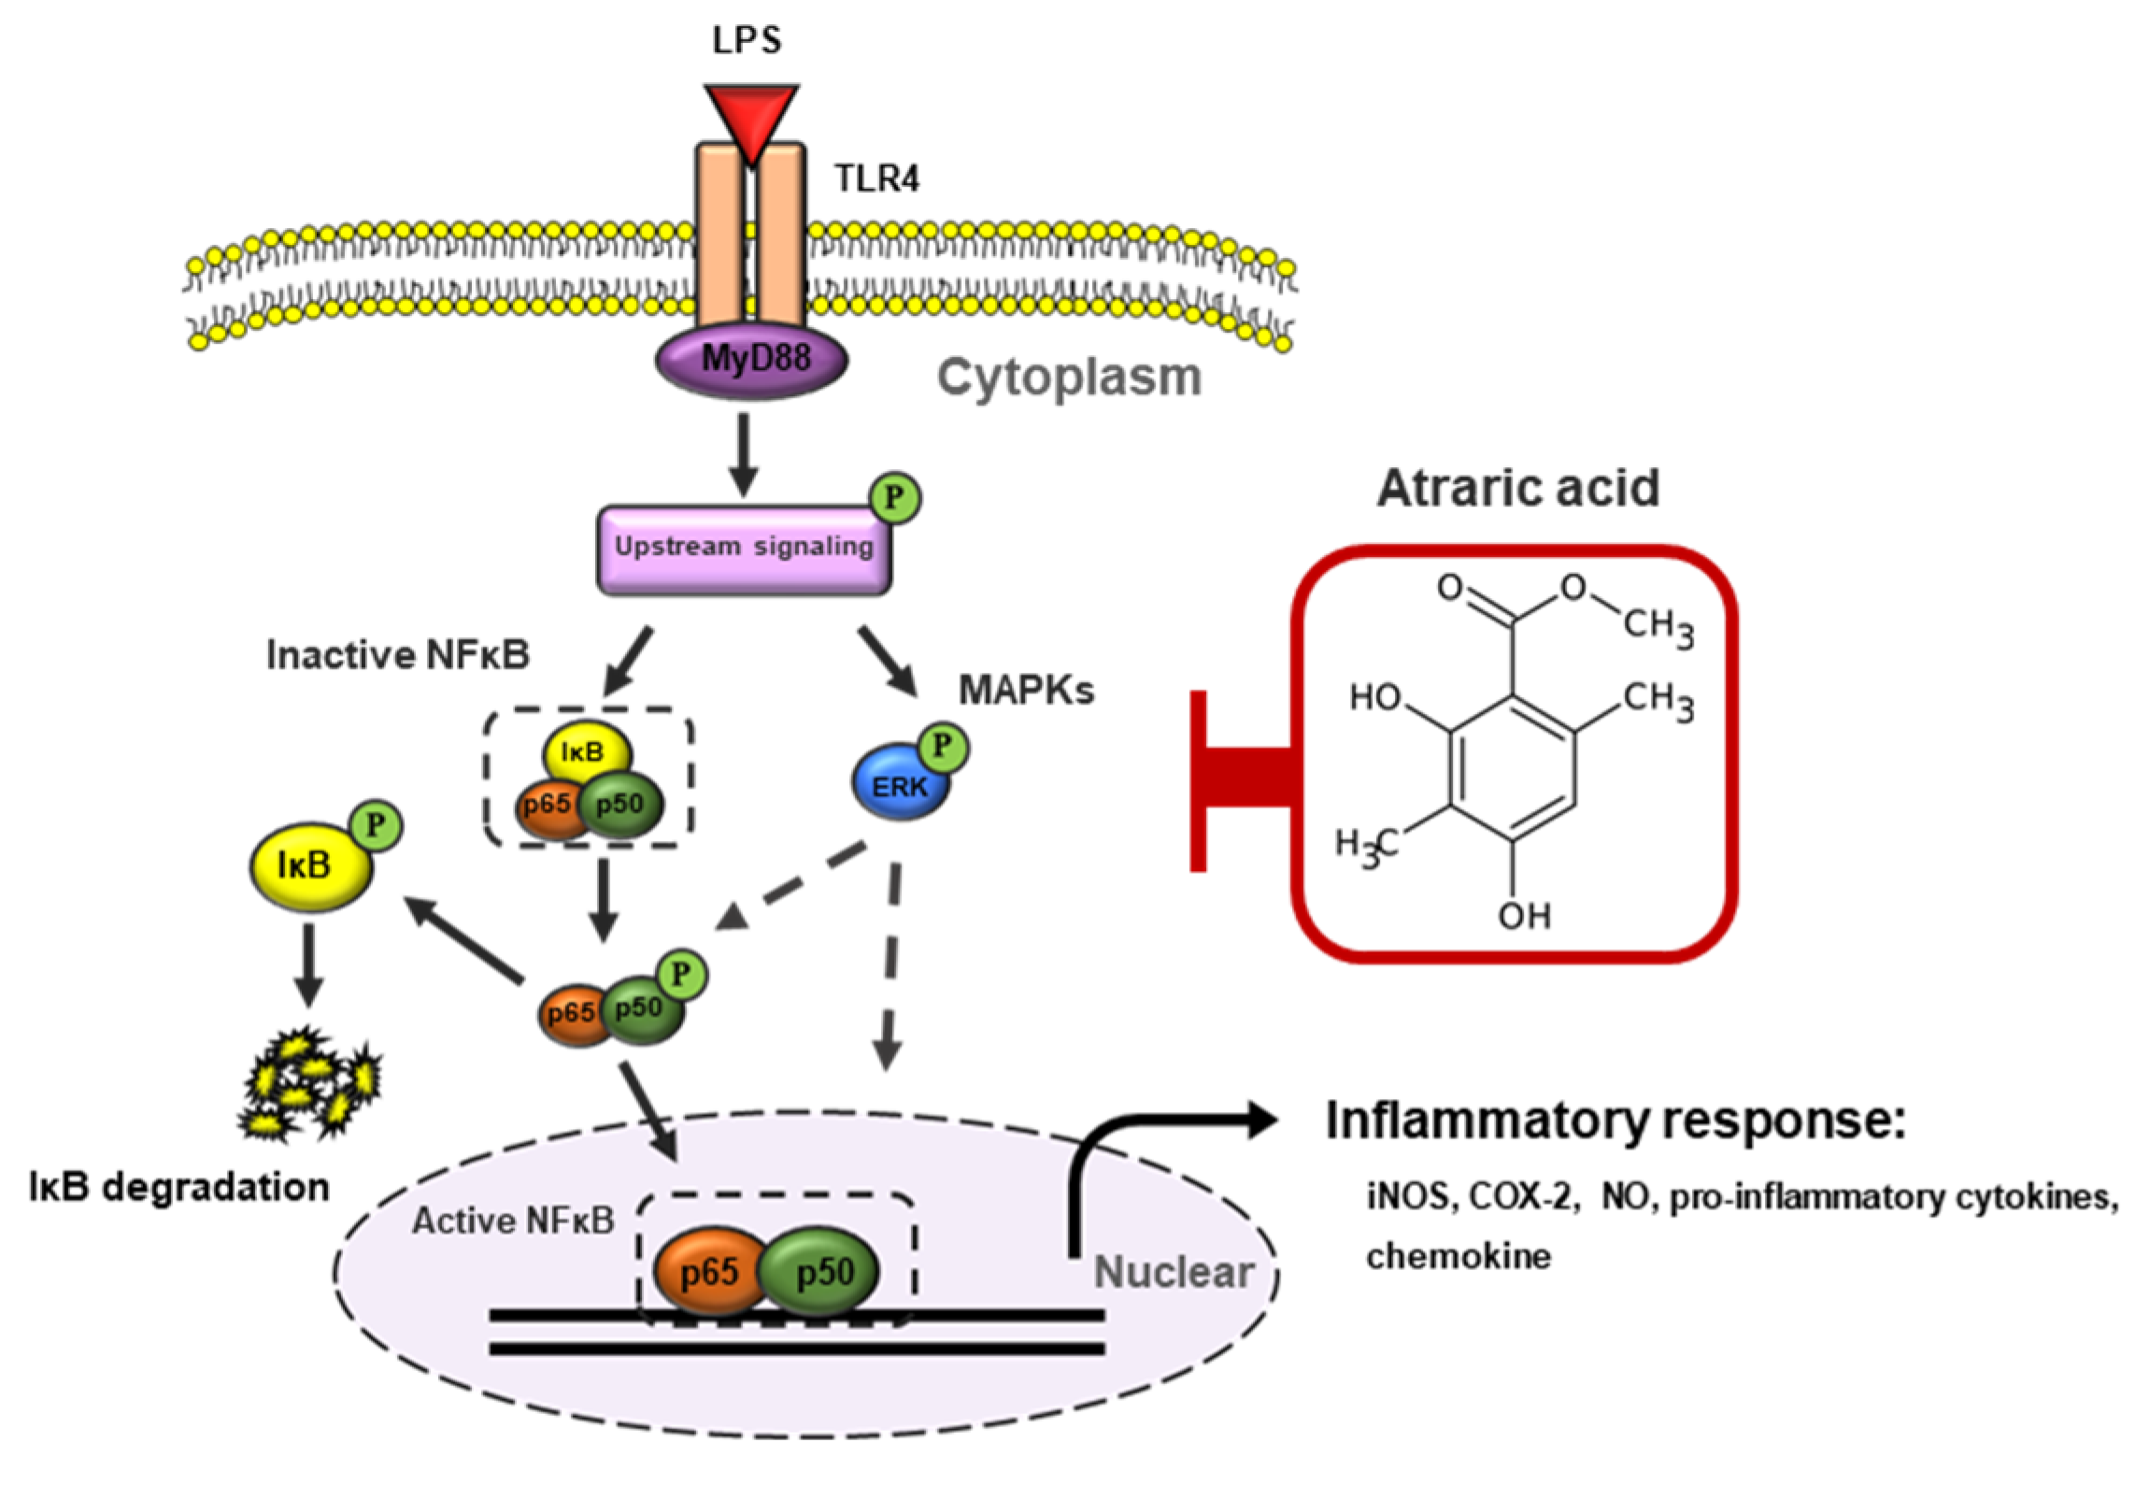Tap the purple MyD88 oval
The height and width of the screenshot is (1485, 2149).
tap(752, 360)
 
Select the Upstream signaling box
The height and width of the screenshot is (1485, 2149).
tap(744, 550)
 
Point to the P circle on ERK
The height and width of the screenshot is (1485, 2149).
tap(942, 747)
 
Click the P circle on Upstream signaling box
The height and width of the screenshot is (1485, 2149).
tap(895, 497)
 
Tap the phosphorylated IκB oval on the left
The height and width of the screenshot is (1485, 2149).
tap(311, 866)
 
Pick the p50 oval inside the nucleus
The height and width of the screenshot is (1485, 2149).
tap(820, 1271)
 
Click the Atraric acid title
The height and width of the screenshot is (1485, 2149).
tap(1518, 488)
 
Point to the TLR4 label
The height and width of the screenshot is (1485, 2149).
tap(876, 178)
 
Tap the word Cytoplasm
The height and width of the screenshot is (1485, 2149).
tap(1069, 378)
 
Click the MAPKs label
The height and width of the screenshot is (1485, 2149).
tap(1026, 691)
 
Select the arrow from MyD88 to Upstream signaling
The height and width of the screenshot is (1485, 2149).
tap(744, 455)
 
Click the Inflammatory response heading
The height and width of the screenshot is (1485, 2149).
tap(1615, 1121)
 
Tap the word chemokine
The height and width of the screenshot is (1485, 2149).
tap(1459, 1255)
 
